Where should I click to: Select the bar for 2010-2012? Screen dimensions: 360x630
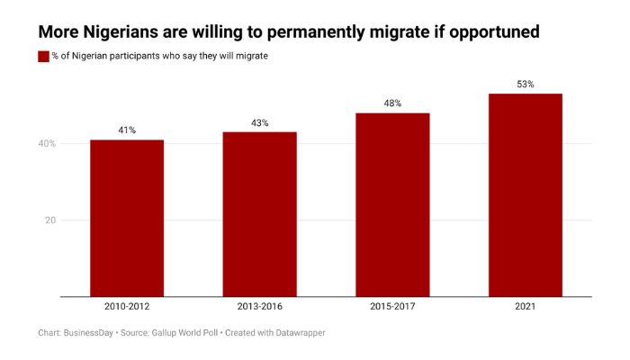[x=127, y=218]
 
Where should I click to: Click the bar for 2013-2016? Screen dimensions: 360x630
[x=259, y=214]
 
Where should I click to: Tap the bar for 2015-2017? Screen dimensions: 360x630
[x=392, y=204]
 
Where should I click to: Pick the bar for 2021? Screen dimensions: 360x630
[x=526, y=194]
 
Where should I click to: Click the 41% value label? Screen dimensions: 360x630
[x=127, y=130]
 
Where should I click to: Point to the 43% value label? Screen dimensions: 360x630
[x=259, y=122]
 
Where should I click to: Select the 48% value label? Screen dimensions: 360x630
[x=392, y=103]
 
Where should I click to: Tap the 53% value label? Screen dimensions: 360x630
[x=526, y=85]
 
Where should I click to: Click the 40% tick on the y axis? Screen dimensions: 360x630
[x=48, y=144]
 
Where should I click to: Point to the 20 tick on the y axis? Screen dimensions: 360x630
[x=51, y=220]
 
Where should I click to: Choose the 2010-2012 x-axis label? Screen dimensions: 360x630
[x=127, y=307]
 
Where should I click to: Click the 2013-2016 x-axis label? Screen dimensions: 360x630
[x=259, y=307]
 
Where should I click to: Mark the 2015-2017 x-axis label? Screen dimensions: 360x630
[x=392, y=307]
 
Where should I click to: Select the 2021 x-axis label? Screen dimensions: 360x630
[x=526, y=307]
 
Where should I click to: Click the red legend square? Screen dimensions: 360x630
[x=43, y=56]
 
